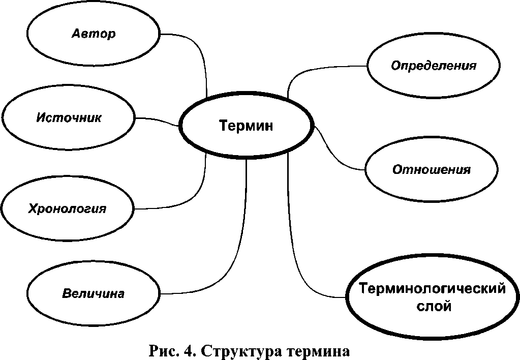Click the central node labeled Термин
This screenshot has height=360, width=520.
(x=246, y=126)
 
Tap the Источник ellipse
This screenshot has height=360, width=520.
(x=69, y=118)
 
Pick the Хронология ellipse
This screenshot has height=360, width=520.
(x=68, y=208)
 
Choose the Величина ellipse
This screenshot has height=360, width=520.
(x=94, y=293)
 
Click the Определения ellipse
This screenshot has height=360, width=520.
(x=433, y=66)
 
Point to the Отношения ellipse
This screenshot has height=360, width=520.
(x=431, y=169)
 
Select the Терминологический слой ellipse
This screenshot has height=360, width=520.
(x=432, y=297)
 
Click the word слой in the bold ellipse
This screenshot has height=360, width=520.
(x=432, y=307)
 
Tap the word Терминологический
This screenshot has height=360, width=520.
(x=432, y=289)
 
